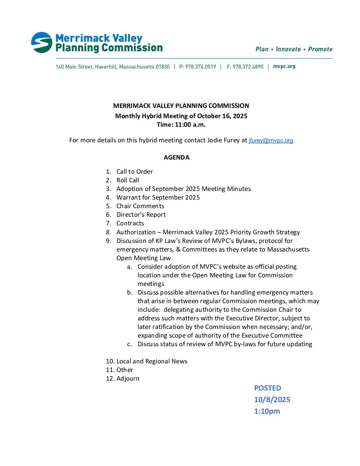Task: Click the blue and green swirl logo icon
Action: click(42, 42)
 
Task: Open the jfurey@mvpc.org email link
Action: click(271, 140)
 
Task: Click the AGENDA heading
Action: click(176, 158)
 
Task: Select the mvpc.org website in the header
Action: click(284, 67)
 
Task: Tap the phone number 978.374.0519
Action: click(201, 67)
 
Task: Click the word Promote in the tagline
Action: click(320, 49)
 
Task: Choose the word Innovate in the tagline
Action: click(288, 49)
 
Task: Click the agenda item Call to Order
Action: click(134, 172)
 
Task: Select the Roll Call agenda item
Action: click(128, 180)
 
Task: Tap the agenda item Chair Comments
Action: click(140, 206)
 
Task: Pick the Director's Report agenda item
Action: click(141, 215)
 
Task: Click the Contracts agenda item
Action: click(130, 223)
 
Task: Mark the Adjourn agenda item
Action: click(128, 379)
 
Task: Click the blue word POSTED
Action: click(267, 388)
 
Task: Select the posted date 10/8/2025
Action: click(272, 400)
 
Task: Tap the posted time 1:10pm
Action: click(267, 411)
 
